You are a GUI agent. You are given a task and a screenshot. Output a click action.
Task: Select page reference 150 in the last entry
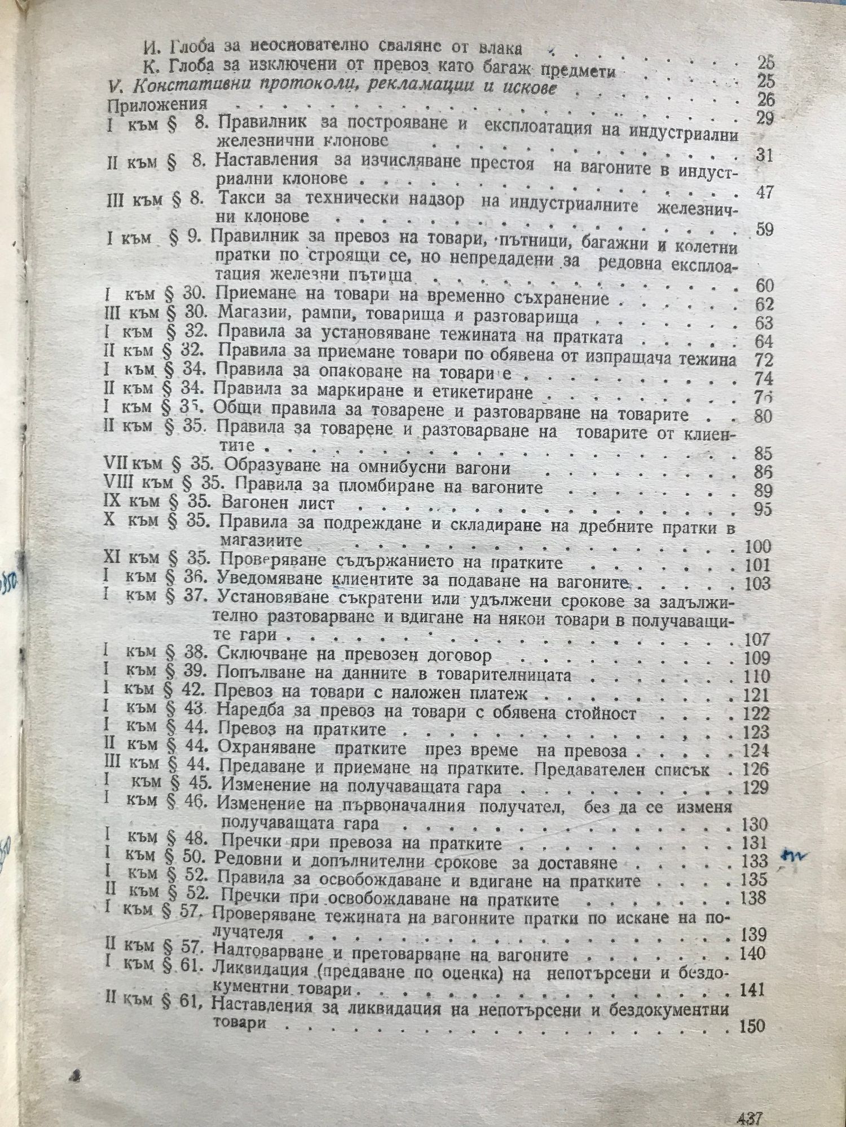752,1025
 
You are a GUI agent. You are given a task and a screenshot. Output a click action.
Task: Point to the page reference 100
757,546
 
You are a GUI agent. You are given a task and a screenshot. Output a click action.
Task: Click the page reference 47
764,192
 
